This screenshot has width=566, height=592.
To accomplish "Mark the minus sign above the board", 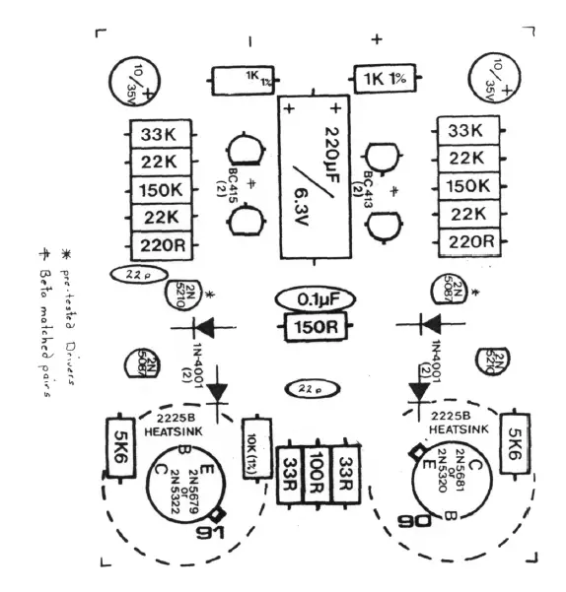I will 250,40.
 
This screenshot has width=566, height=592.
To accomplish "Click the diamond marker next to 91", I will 218,513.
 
